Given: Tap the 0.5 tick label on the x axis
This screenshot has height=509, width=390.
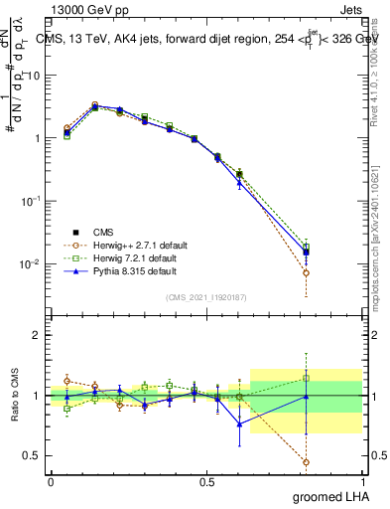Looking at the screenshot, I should click(206, 481).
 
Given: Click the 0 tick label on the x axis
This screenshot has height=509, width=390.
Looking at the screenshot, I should click(51, 481).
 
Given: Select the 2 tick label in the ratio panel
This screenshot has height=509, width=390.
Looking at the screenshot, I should click(36, 335).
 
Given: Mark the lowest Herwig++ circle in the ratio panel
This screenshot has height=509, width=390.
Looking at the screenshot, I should click(306, 462).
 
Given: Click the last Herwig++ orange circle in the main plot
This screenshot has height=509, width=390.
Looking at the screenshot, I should click(306, 272).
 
